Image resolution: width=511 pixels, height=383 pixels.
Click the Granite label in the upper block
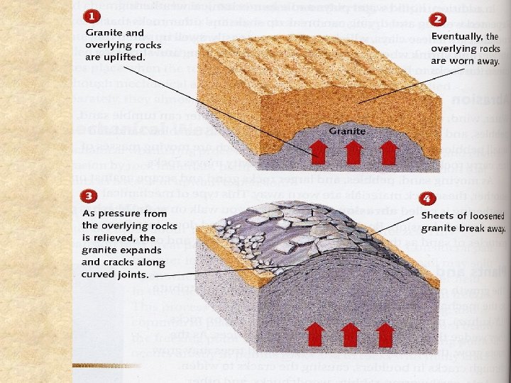tap(346, 131)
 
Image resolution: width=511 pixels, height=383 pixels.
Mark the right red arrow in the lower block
tap(385, 334)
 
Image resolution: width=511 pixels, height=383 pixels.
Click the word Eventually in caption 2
tap(456, 35)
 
